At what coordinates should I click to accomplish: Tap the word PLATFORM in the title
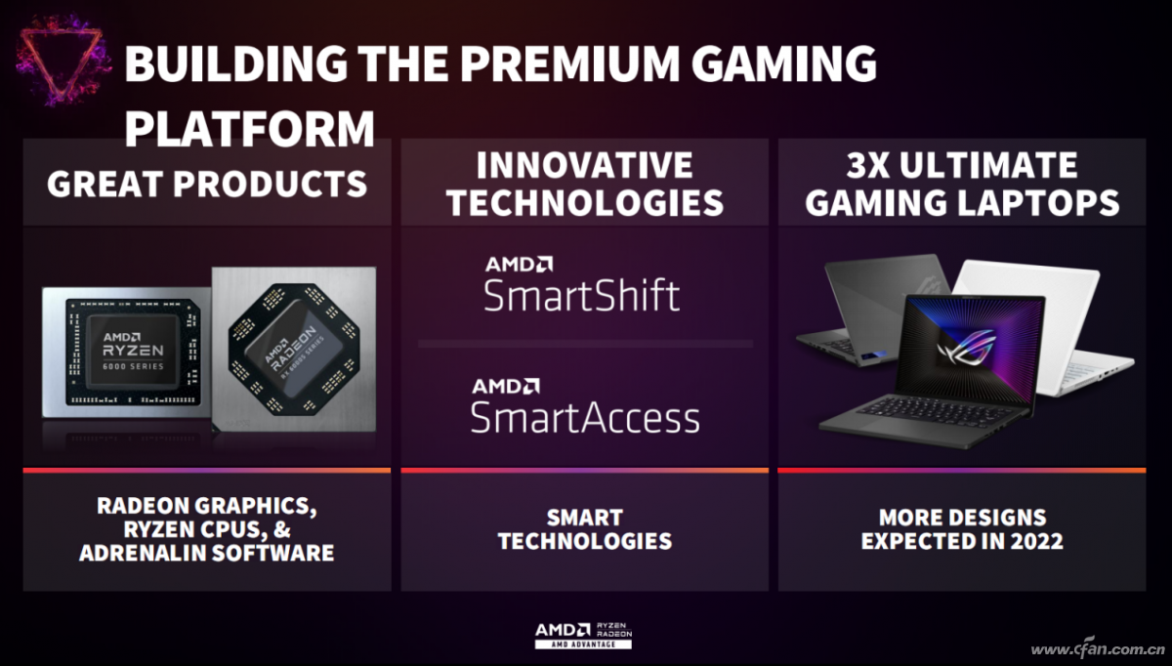coord(250,128)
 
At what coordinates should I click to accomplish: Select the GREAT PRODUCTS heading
coord(207,184)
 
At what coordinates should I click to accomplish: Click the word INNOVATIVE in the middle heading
coord(584,165)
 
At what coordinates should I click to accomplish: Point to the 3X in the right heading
coord(868,165)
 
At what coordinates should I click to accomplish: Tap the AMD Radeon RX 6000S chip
coord(294,350)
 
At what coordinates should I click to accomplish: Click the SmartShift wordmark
coord(582,295)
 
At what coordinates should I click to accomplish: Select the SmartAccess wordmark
coord(585,418)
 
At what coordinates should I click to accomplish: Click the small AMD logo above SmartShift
coord(519,265)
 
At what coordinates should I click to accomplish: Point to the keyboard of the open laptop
coord(937,411)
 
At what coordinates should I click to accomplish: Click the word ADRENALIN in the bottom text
coord(136,553)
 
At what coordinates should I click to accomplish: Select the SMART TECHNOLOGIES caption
coord(584,529)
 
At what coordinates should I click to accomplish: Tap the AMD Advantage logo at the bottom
coord(583,635)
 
